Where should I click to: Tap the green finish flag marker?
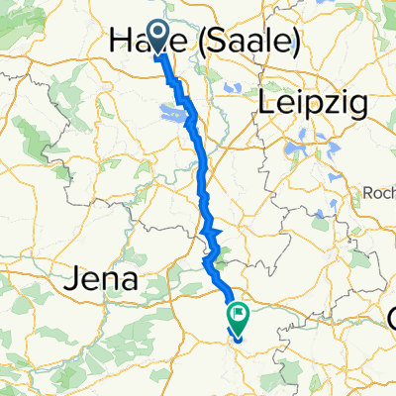coord(239,314)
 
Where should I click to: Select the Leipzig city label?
coord(312,102)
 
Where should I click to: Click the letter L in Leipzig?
coord(265,101)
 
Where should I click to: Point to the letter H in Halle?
coord(118,41)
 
